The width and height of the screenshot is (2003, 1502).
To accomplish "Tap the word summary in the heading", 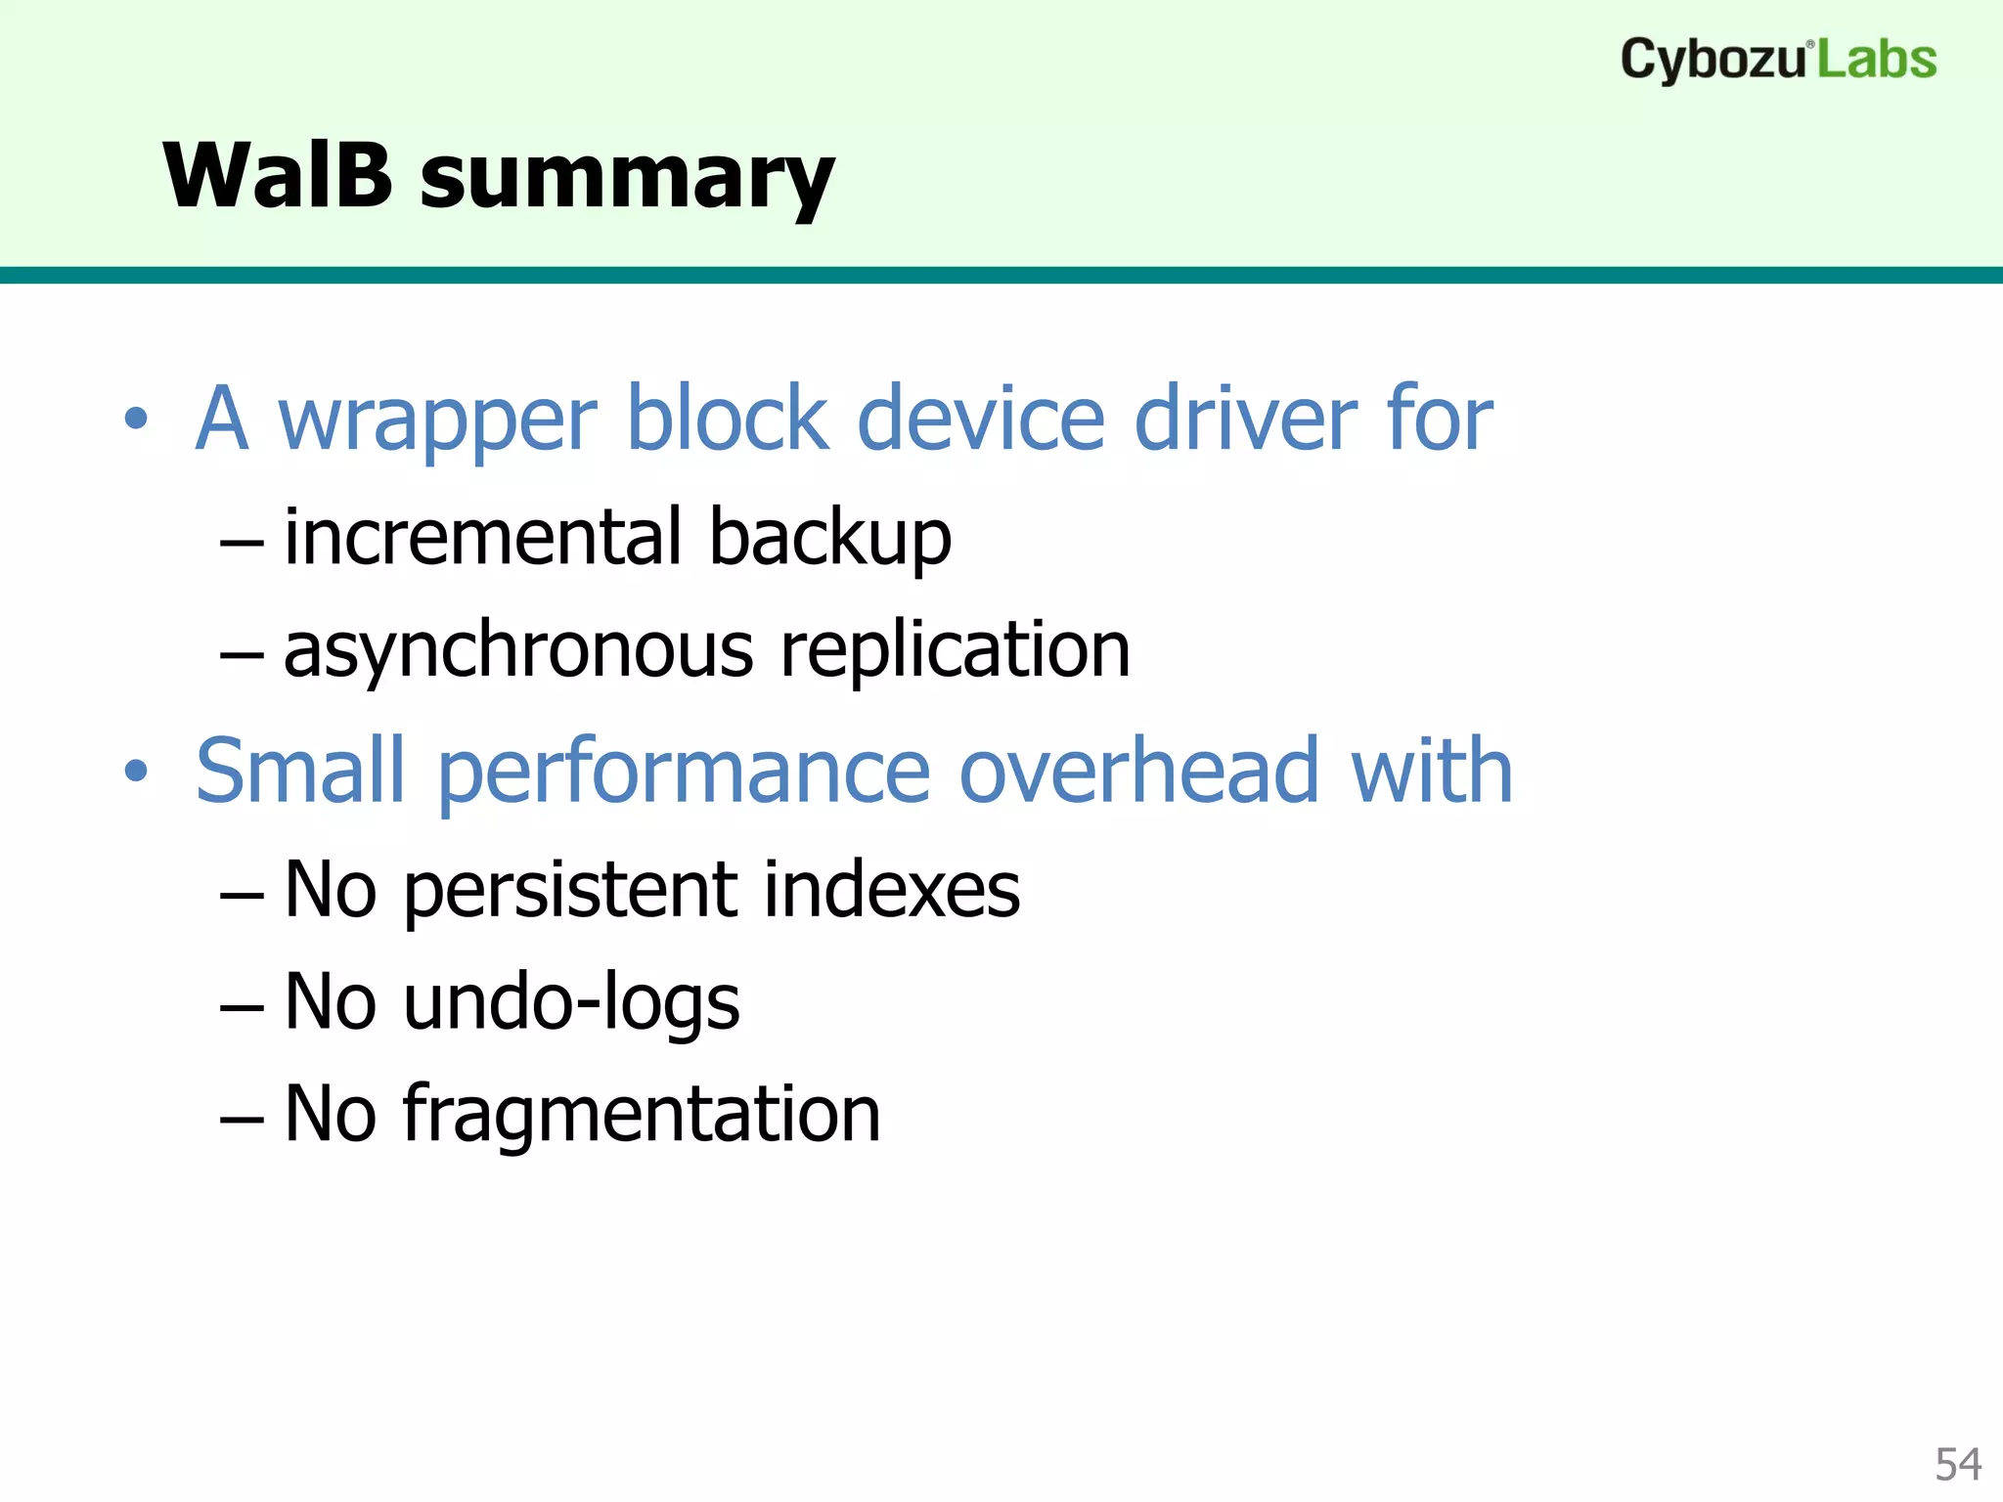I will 627,181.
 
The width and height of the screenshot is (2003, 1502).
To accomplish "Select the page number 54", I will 1958,1465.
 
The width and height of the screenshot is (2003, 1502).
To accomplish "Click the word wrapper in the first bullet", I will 437,420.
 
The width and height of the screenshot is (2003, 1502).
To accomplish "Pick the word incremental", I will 483,537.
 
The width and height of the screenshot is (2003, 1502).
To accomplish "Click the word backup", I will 829,539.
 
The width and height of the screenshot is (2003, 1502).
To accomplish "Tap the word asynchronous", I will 518,651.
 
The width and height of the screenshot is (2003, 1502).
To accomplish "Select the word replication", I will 955,651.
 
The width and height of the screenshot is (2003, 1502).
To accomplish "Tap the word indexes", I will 891,889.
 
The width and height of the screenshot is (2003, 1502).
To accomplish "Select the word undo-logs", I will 571,1003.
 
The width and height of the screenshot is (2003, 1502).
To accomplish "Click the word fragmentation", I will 642,1116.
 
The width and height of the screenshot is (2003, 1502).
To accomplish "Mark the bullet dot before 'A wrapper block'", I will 136,420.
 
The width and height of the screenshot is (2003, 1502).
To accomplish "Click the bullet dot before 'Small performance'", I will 136,772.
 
